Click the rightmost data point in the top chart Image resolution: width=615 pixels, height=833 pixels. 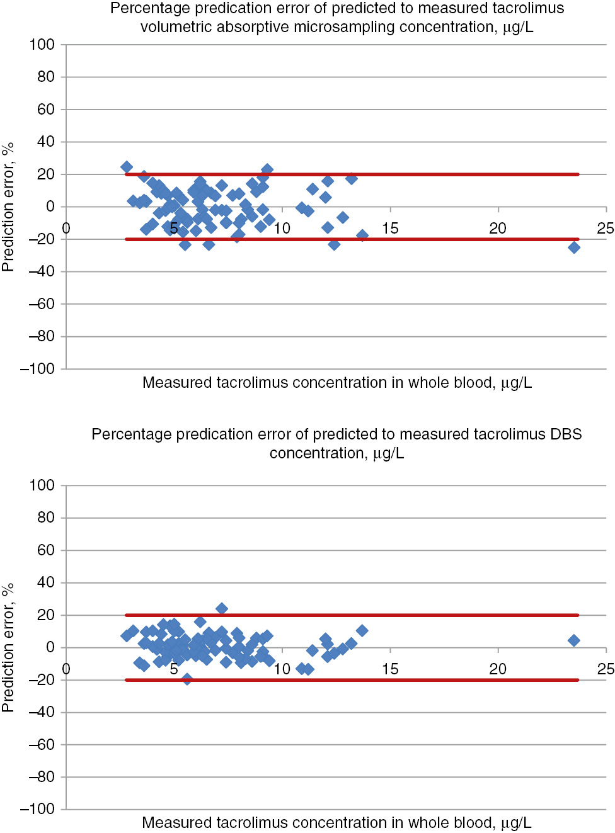pyautogui.click(x=573, y=247)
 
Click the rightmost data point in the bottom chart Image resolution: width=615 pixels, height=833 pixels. pyautogui.click(x=573, y=640)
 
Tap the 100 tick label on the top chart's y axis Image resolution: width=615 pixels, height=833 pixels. pyautogui.click(x=42, y=45)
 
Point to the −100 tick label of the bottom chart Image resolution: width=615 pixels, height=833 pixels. pyautogui.click(x=37, y=808)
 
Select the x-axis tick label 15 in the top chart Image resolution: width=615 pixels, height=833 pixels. pyautogui.click(x=390, y=229)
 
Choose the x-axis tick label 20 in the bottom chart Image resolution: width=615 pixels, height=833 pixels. pyautogui.click(x=498, y=669)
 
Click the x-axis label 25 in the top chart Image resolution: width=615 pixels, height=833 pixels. pyautogui.click(x=605, y=229)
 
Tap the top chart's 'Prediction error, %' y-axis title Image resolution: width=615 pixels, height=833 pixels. pyautogui.click(x=8, y=207)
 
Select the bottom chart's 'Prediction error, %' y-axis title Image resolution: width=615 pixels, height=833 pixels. pyautogui.click(x=8, y=648)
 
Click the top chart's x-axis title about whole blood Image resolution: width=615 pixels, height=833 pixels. pyautogui.click(x=336, y=383)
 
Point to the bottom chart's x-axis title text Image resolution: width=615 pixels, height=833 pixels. pyautogui.click(x=336, y=823)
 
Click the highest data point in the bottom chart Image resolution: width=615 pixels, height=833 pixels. pyautogui.click(x=221, y=609)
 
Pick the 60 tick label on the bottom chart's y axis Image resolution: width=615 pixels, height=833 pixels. pyautogui.click(x=45, y=550)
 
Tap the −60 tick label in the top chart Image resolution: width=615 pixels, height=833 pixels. pyautogui.click(x=41, y=304)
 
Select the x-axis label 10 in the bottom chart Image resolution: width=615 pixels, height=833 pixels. pyautogui.click(x=282, y=669)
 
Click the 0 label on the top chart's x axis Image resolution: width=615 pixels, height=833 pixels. pyautogui.click(x=66, y=229)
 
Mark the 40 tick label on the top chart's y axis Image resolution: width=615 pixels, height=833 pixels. pyautogui.click(x=45, y=142)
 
